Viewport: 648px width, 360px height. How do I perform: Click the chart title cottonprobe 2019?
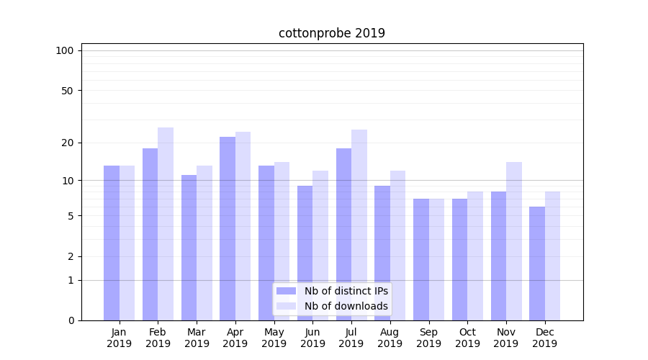point(332,33)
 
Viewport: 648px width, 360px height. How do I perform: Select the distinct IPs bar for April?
point(228,228)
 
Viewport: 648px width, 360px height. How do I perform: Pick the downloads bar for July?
point(359,225)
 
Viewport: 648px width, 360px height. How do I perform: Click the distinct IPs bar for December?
point(537,264)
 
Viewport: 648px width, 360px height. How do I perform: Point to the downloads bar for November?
point(514,241)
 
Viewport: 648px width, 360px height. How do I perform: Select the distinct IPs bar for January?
point(112,243)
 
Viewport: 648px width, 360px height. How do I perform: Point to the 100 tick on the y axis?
point(65,50)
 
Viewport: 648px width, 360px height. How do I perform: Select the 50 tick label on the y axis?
point(67,91)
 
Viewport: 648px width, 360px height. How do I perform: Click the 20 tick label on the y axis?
point(67,143)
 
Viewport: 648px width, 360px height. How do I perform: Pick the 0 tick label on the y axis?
point(71,320)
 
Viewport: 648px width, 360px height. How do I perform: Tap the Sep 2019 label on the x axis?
point(428,338)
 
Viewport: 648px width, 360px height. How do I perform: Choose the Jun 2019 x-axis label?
point(312,338)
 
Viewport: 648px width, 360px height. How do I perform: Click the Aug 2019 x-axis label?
point(390,338)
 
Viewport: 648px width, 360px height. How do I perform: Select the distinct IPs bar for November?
point(498,256)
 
